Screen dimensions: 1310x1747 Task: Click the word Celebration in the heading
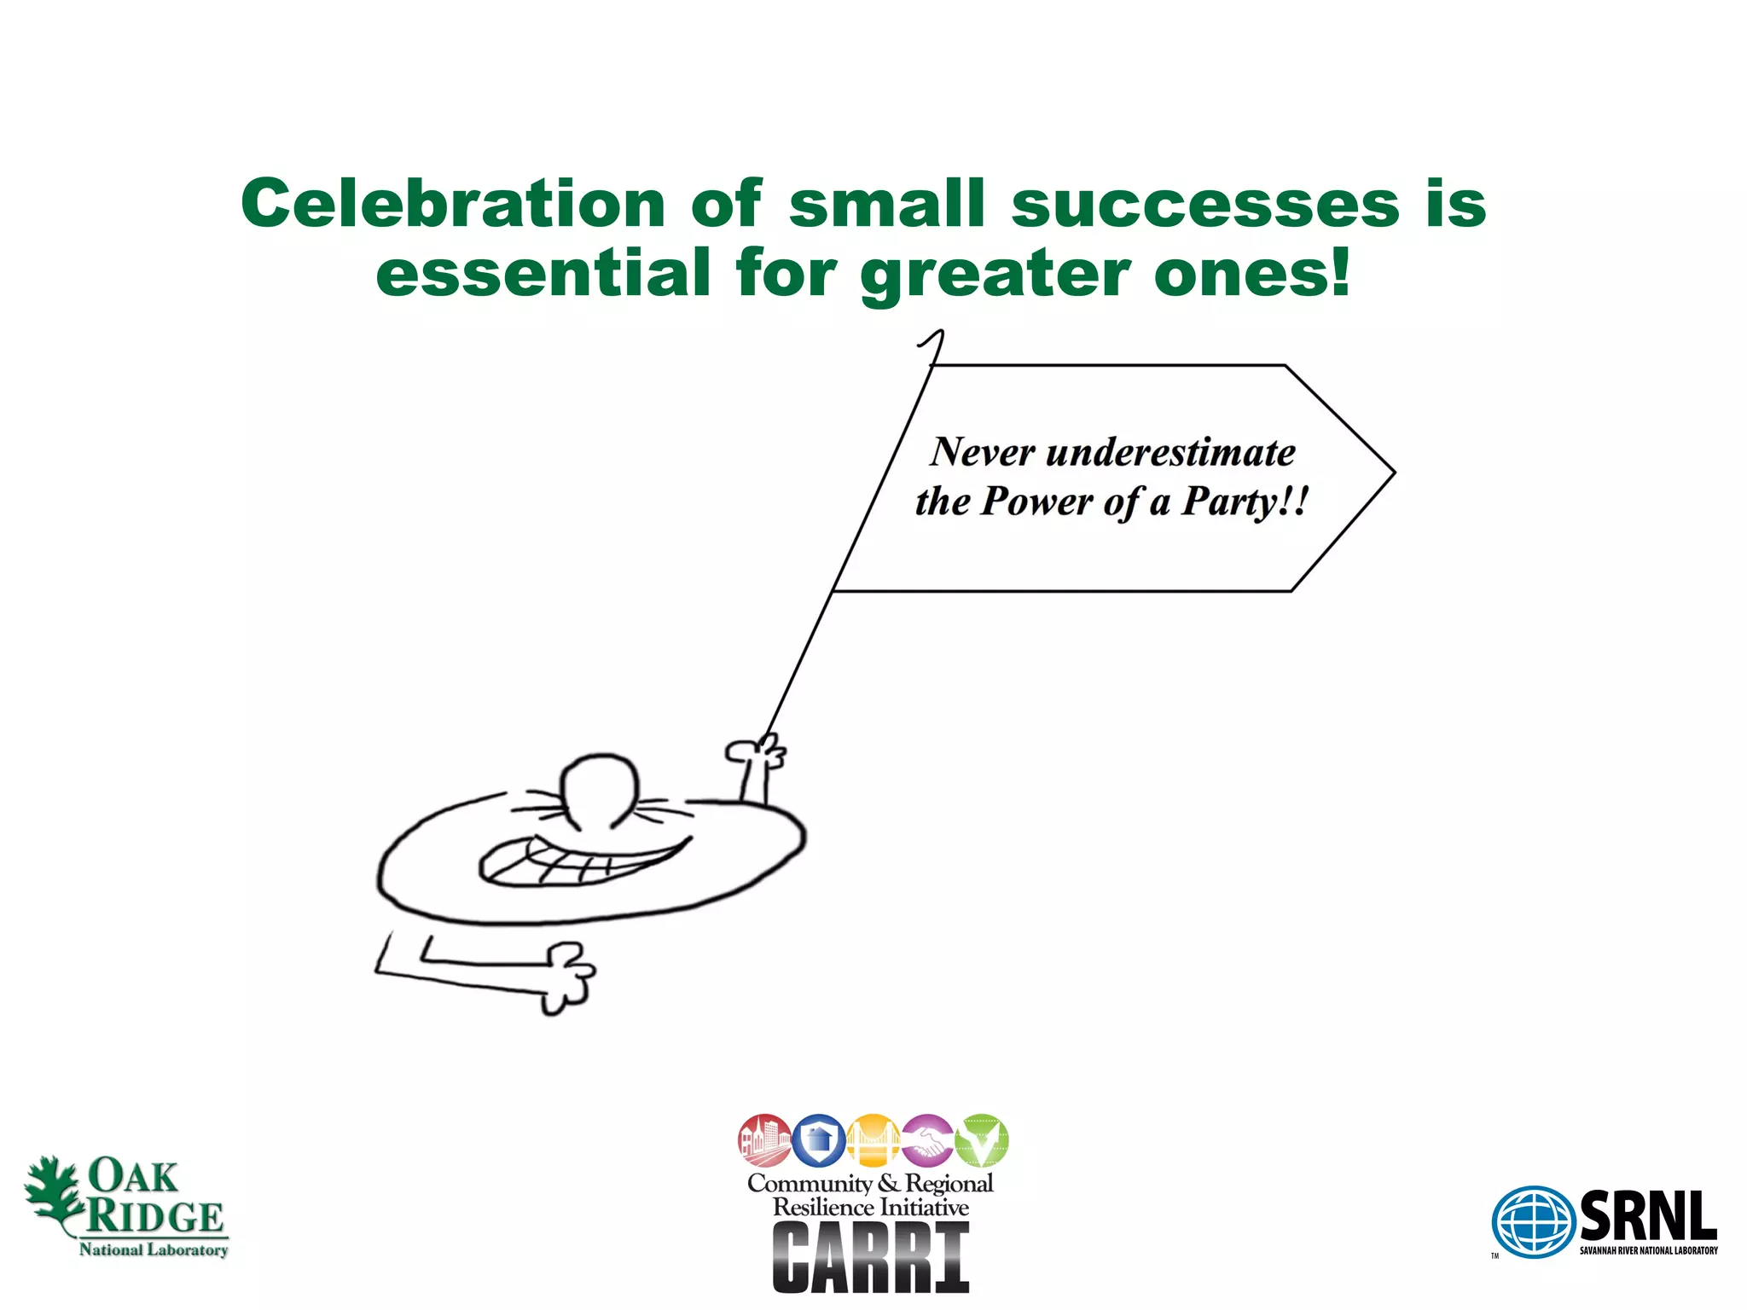[453, 204]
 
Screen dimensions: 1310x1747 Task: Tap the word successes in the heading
[1205, 205]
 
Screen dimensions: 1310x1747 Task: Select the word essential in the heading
[543, 273]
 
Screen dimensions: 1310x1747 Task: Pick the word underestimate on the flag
[1170, 452]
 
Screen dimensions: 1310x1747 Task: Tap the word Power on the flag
[1036, 501]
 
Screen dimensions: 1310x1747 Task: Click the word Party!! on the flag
[1244, 501]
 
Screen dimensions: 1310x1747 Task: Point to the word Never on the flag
[982, 452]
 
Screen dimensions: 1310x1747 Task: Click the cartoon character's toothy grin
[580, 859]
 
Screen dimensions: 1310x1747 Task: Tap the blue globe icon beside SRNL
[1533, 1221]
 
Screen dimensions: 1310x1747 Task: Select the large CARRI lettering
[871, 1257]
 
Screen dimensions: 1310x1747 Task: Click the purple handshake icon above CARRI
[927, 1140]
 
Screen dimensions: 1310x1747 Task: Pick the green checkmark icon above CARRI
[982, 1140]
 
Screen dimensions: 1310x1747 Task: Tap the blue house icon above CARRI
[819, 1140]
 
